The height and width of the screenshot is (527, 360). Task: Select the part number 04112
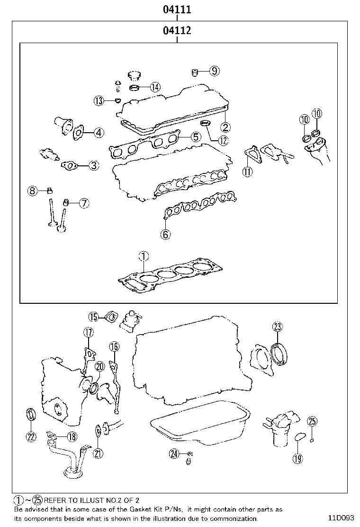[177, 31]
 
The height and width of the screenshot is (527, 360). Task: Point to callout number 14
[155, 87]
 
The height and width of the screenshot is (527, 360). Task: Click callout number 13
[99, 100]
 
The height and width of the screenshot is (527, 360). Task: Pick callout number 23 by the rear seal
[278, 326]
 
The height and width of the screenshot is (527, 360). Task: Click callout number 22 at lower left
[31, 437]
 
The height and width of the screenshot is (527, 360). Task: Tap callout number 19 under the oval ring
[297, 458]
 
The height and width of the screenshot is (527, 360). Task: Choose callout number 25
[312, 421]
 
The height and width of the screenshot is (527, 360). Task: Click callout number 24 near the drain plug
[174, 454]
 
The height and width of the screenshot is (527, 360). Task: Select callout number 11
[247, 172]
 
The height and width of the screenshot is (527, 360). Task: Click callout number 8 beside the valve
[32, 191]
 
